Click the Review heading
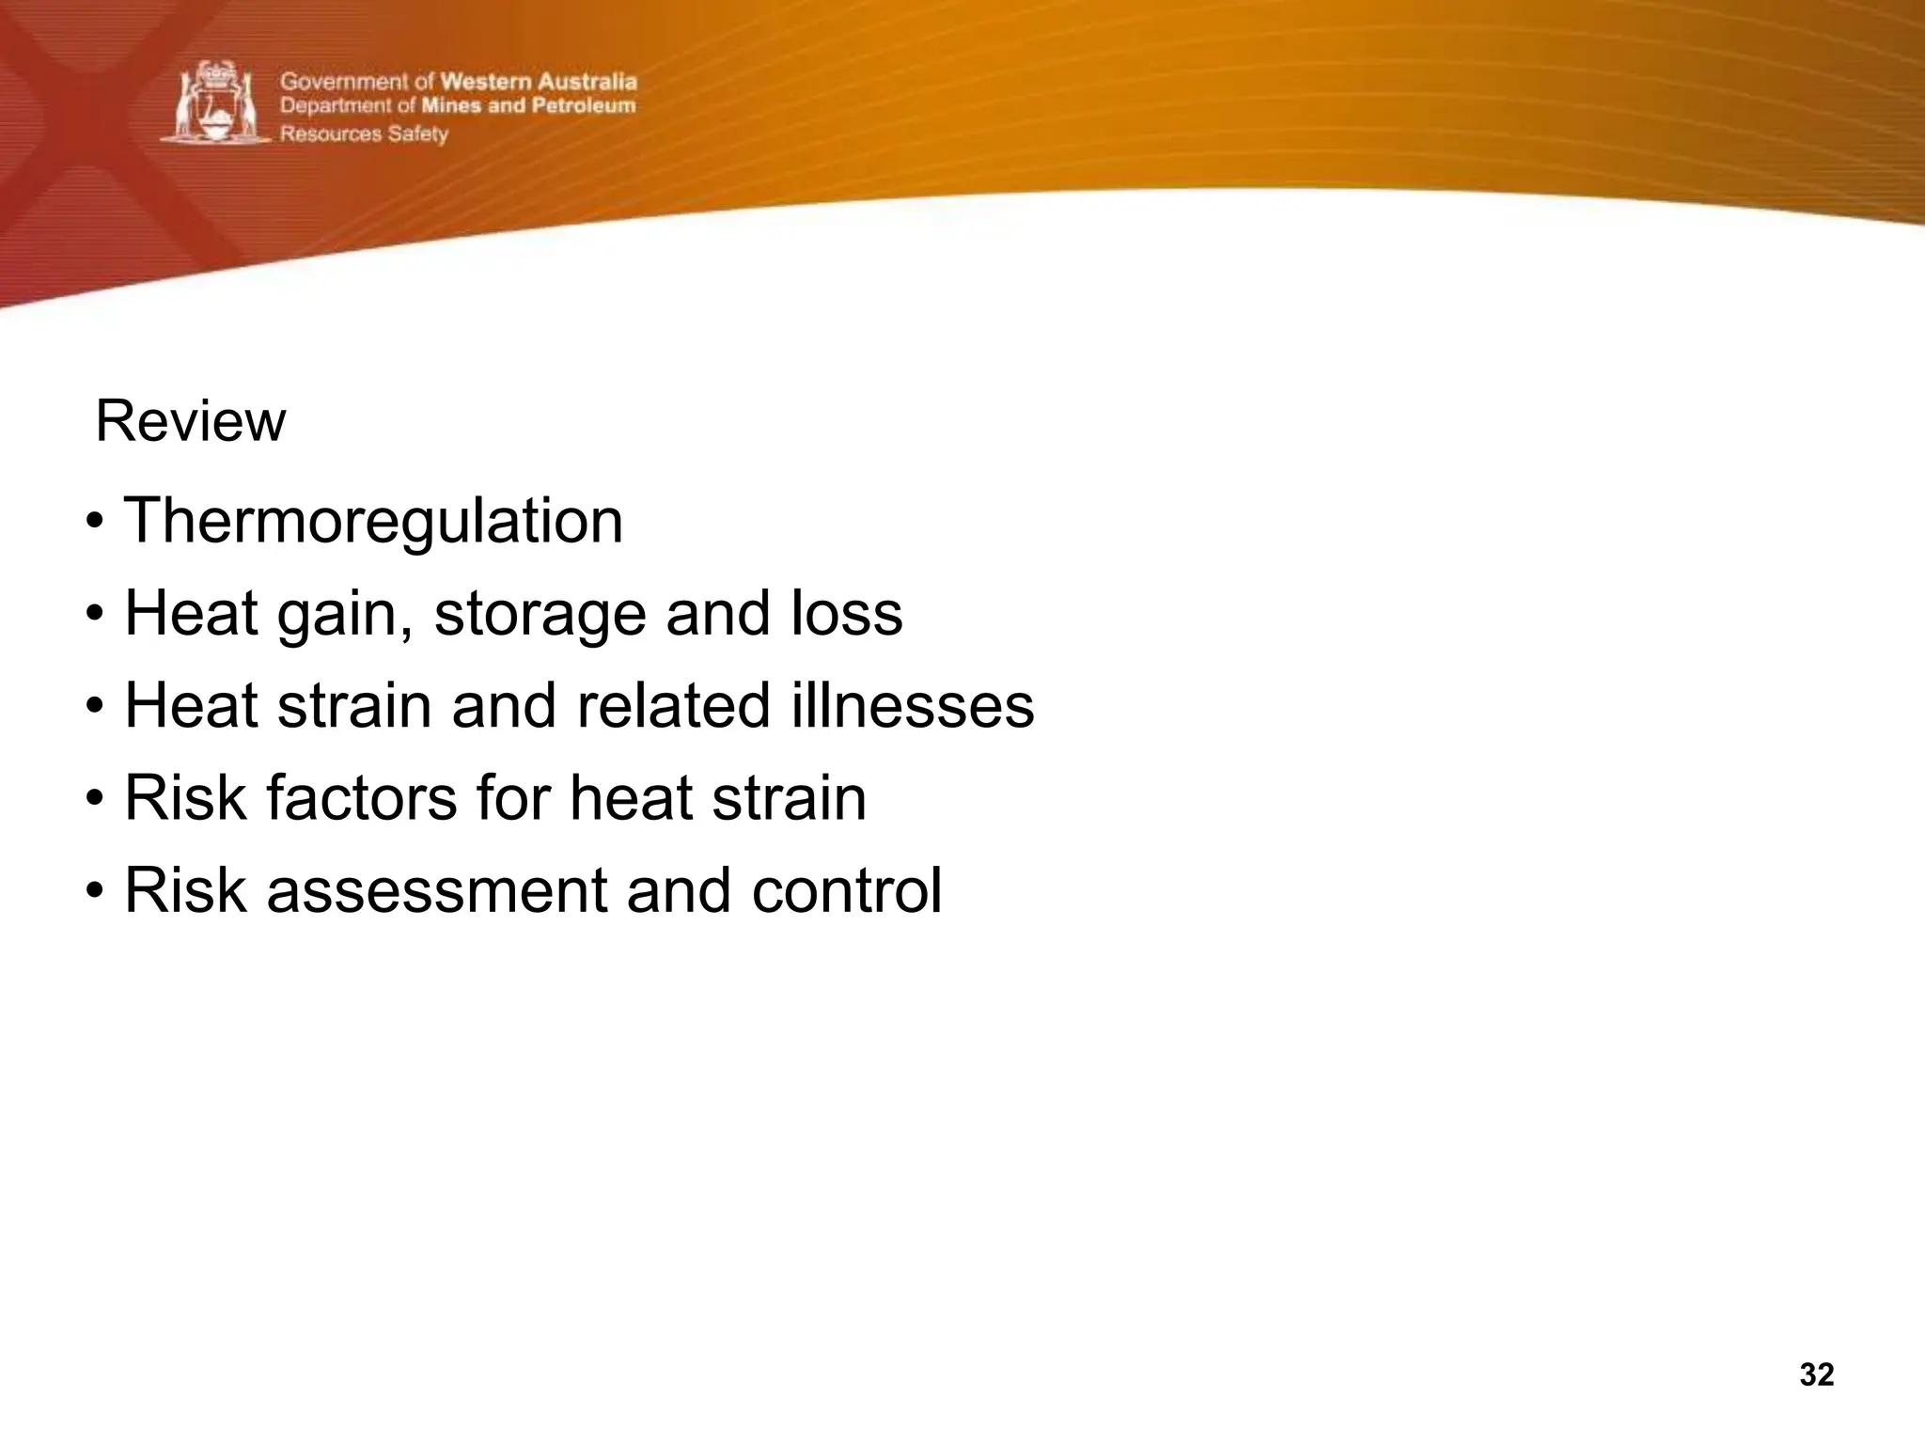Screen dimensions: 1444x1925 coord(190,421)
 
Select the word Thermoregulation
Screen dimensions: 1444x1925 coord(373,521)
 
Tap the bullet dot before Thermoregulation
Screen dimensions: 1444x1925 coord(94,522)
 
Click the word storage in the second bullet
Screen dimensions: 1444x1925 coord(540,613)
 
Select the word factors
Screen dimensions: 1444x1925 coord(361,797)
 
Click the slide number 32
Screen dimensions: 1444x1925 coord(1816,1374)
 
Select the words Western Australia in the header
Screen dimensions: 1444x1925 coord(539,82)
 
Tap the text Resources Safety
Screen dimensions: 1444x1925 coord(364,133)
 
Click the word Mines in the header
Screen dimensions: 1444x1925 coord(451,106)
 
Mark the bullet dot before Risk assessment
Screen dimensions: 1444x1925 coord(94,891)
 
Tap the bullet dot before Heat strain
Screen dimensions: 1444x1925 coord(94,706)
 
